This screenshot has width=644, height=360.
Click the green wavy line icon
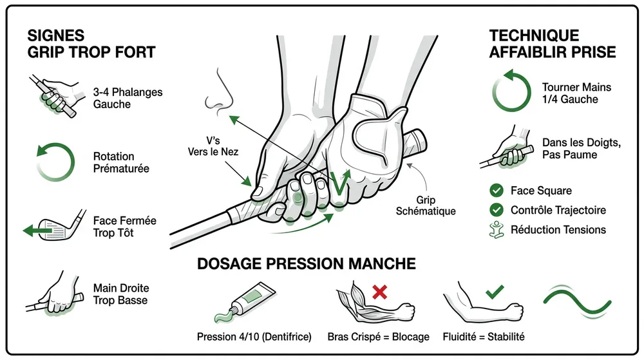[x=576, y=301]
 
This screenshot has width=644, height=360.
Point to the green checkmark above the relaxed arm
[x=494, y=292]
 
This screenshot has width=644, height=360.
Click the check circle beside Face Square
[x=496, y=191]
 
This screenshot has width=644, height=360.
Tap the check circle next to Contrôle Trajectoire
[x=496, y=210]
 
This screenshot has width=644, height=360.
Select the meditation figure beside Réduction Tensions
[x=496, y=229]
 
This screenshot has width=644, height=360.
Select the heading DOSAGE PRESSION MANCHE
[x=306, y=263]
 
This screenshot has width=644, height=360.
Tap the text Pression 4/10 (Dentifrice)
[x=254, y=336]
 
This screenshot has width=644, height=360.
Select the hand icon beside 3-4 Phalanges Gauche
[x=54, y=97]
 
